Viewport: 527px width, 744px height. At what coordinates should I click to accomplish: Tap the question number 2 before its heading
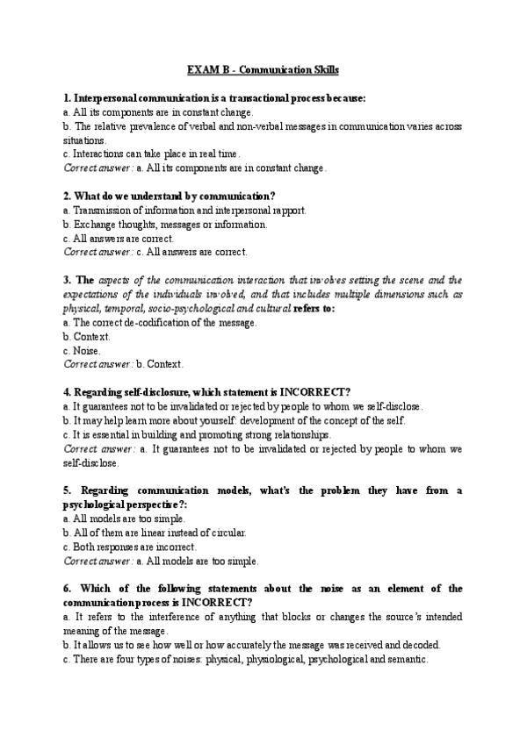coord(67,196)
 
